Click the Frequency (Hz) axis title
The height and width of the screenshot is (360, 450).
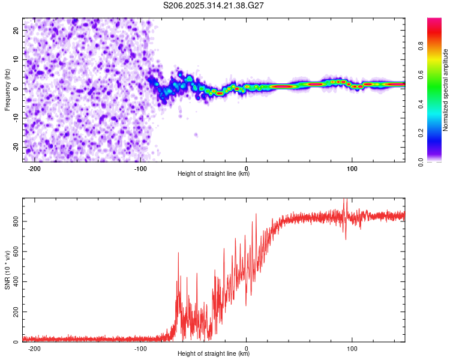pyautogui.click(x=7, y=89)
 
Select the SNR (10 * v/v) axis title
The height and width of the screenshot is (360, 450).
pyautogui.click(x=7, y=269)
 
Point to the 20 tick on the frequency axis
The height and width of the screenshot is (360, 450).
pyautogui.click(x=16, y=29)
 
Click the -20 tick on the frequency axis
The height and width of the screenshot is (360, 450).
pyautogui.click(x=16, y=147)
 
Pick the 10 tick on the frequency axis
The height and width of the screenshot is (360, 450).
pyautogui.click(x=16, y=59)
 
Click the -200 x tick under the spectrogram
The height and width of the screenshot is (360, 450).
pyautogui.click(x=34, y=169)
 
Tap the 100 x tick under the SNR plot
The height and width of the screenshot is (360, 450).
pyautogui.click(x=352, y=349)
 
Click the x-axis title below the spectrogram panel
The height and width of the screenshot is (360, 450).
pyautogui.click(x=214, y=174)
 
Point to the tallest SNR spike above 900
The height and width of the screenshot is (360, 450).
pyautogui.click(x=345, y=200)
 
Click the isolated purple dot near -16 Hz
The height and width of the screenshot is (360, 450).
pyautogui.click(x=196, y=135)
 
